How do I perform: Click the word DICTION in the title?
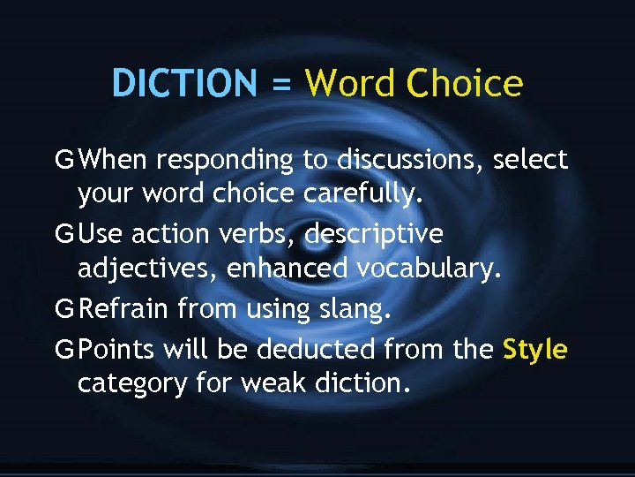point(183,84)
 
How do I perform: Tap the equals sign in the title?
point(280,85)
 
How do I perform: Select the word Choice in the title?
point(465,84)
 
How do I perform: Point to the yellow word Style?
point(534,350)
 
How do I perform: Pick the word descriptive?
point(375,236)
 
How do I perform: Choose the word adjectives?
point(147,269)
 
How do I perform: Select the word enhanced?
point(288,268)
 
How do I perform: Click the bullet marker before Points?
point(63,350)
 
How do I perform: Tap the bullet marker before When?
point(63,160)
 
